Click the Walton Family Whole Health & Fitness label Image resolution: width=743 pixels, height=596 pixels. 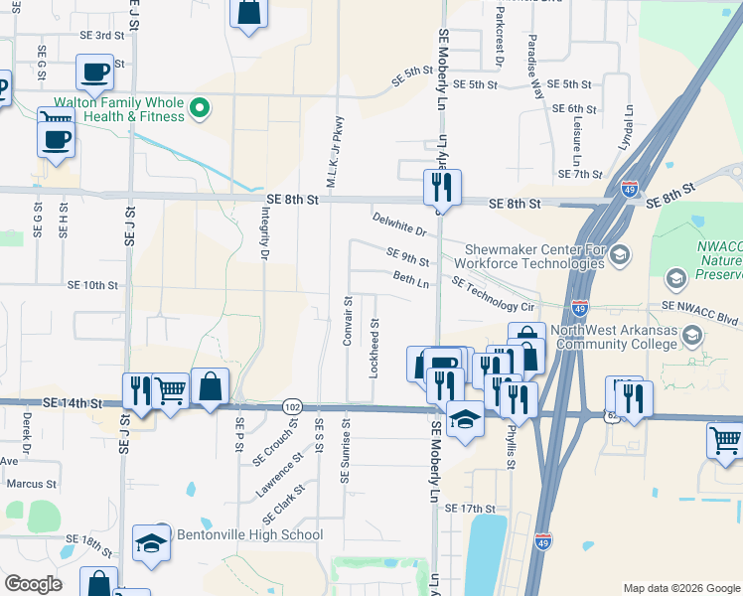pos(119,109)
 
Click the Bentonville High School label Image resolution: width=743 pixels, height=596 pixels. pos(249,535)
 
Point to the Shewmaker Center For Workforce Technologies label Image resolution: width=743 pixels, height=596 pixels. pos(529,256)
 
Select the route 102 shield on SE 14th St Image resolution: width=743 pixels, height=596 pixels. pos(291,406)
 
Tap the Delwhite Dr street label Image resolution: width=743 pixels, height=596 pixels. pos(399,224)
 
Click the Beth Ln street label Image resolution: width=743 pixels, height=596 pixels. pos(411,280)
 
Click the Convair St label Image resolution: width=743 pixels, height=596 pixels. pos(348,321)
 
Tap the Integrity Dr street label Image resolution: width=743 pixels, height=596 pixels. pos(265,233)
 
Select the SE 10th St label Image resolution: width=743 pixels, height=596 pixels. pos(92,285)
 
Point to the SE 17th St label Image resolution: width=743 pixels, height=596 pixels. pos(470,509)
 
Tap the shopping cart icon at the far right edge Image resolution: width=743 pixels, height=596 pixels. pos(726,440)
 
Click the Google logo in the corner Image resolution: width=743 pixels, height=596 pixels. pos(34,585)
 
